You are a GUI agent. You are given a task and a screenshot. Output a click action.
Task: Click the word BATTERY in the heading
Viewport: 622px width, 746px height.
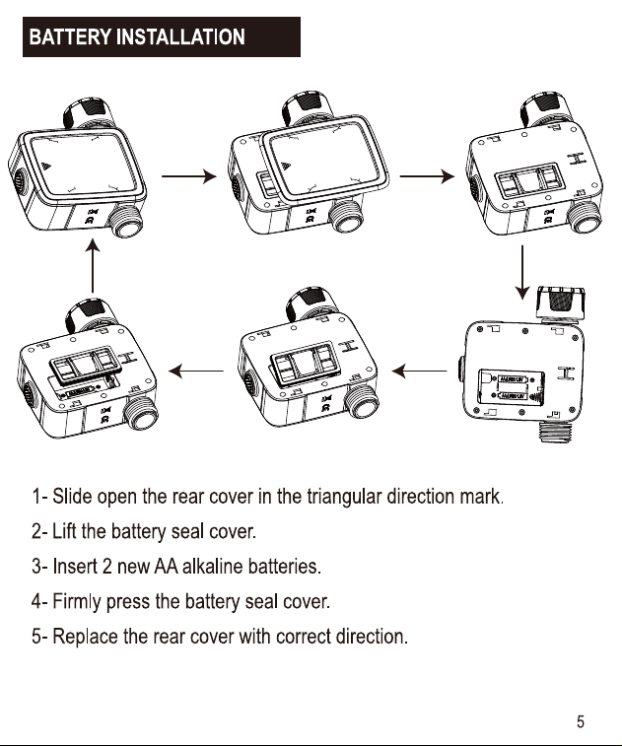(70, 37)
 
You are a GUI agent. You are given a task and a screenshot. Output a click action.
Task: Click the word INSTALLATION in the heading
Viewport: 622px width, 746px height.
(180, 37)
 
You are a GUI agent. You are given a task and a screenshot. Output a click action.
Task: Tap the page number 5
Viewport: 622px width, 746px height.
(581, 721)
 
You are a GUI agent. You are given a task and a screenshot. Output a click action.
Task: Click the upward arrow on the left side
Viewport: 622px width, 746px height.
(93, 265)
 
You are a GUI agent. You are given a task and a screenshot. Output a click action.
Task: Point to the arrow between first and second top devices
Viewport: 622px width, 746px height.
(189, 176)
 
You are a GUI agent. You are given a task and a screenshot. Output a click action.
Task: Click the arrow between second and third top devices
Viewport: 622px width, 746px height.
(427, 176)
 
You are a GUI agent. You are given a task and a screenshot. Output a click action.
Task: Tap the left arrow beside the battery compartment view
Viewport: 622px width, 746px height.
(419, 371)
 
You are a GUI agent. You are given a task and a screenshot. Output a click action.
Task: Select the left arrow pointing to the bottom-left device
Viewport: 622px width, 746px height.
(196, 371)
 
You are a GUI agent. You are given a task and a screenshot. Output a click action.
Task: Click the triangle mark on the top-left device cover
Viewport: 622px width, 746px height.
(45, 167)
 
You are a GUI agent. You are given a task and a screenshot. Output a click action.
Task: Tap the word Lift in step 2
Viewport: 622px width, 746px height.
(64, 531)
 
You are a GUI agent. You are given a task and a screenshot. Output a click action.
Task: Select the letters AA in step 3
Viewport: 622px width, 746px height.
(166, 567)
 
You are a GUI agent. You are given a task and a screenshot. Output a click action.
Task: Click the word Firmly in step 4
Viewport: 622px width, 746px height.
(77, 602)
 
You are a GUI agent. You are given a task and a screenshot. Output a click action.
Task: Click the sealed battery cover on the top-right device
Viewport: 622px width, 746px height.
(529, 180)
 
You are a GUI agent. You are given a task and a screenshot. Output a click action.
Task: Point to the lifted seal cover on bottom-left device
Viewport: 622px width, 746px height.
(85, 364)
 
